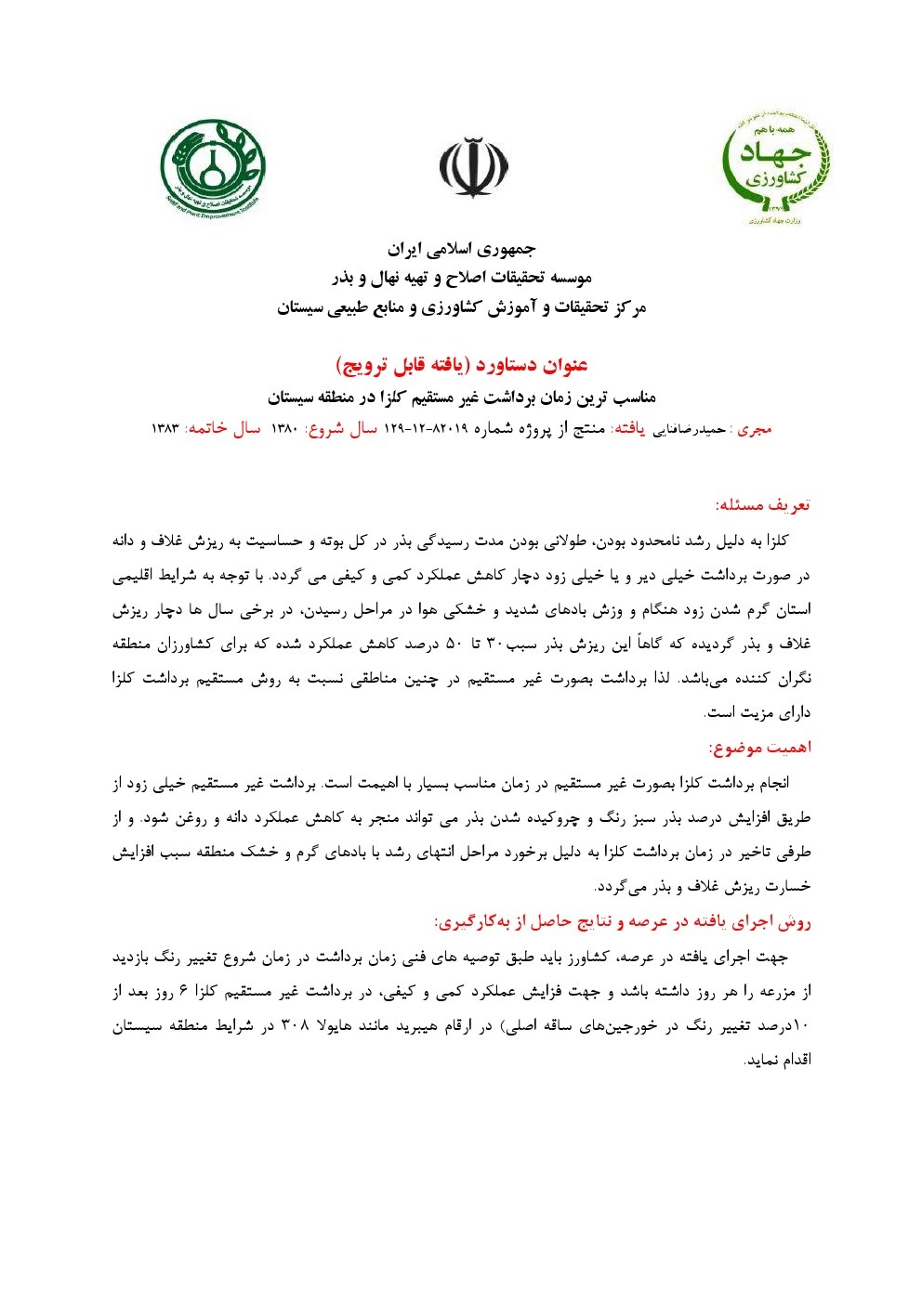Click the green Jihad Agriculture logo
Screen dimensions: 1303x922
pos(775,168)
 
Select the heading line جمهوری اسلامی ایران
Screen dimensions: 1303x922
pos(462,249)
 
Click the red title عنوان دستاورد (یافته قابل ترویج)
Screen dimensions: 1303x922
pos(462,364)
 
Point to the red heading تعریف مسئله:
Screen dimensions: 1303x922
pos(762,504)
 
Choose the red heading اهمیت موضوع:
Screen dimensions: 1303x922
pos(759,747)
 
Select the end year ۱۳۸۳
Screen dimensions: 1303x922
pos(165,429)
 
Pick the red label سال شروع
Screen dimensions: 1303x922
pos(340,429)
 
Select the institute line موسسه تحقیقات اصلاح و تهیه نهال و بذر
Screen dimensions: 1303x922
pos(462,278)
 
